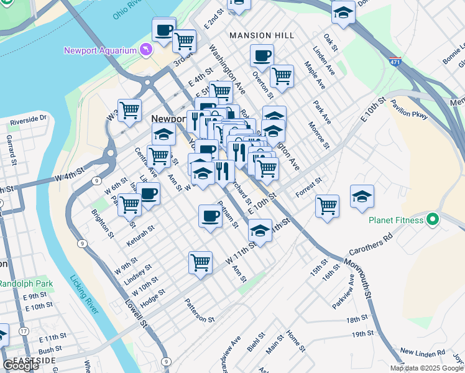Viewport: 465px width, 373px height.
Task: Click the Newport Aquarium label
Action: tap(100, 50)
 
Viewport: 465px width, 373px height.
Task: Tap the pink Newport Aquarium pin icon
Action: tap(146, 48)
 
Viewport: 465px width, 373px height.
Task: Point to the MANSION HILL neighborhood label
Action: tap(261, 35)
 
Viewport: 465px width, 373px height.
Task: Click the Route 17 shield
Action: tap(23, 332)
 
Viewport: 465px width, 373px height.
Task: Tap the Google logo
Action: tap(20, 366)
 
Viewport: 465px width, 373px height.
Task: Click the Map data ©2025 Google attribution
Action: tap(427, 368)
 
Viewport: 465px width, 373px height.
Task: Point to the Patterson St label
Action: tap(199, 310)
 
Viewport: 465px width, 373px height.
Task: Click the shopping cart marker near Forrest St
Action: tap(327, 206)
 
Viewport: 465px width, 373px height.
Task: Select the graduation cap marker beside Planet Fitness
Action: tap(362, 196)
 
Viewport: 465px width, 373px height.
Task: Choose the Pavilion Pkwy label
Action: tap(410, 110)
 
